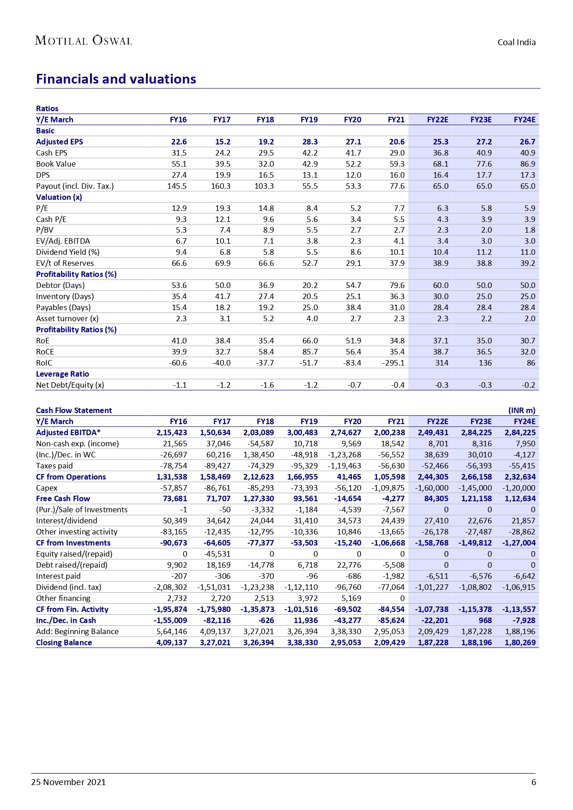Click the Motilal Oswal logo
(84, 41)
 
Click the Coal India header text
(516, 42)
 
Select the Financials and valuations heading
(116, 79)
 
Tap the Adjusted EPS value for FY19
(309, 142)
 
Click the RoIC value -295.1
(393, 363)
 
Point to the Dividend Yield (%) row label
(67, 252)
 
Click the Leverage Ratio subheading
(62, 374)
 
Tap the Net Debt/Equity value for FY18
(267, 385)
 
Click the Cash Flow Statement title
(74, 410)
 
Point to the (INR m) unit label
(522, 410)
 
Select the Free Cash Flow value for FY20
(348, 498)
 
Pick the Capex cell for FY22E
(432, 488)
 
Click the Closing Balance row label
(64, 642)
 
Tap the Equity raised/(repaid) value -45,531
(217, 554)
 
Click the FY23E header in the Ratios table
(481, 120)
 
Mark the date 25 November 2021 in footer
(68, 782)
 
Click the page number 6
(534, 782)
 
